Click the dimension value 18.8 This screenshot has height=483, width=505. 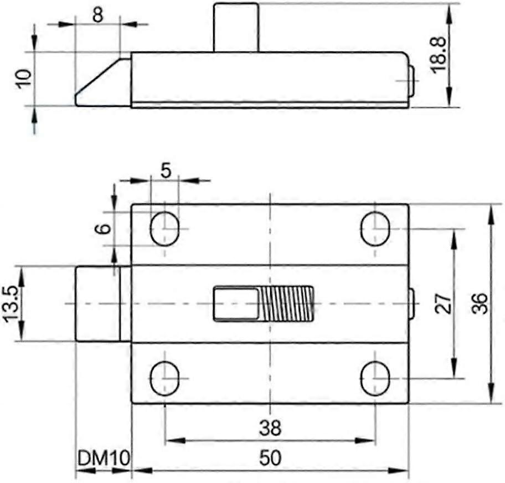(x=439, y=54)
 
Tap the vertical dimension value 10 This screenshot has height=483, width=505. (x=23, y=79)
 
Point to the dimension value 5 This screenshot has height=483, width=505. (x=165, y=170)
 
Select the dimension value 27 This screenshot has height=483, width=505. (x=443, y=304)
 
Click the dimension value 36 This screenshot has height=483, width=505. (x=480, y=304)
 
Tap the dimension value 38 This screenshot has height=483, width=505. (x=270, y=428)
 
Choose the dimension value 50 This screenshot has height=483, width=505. (x=270, y=458)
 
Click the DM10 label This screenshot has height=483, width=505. (x=104, y=458)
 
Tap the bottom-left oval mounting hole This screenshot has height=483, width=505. (x=164, y=378)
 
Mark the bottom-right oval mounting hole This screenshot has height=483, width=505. (x=375, y=378)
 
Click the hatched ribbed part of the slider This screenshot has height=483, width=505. (x=286, y=304)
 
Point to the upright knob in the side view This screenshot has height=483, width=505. (x=236, y=27)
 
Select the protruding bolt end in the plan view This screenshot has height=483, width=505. (x=97, y=304)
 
